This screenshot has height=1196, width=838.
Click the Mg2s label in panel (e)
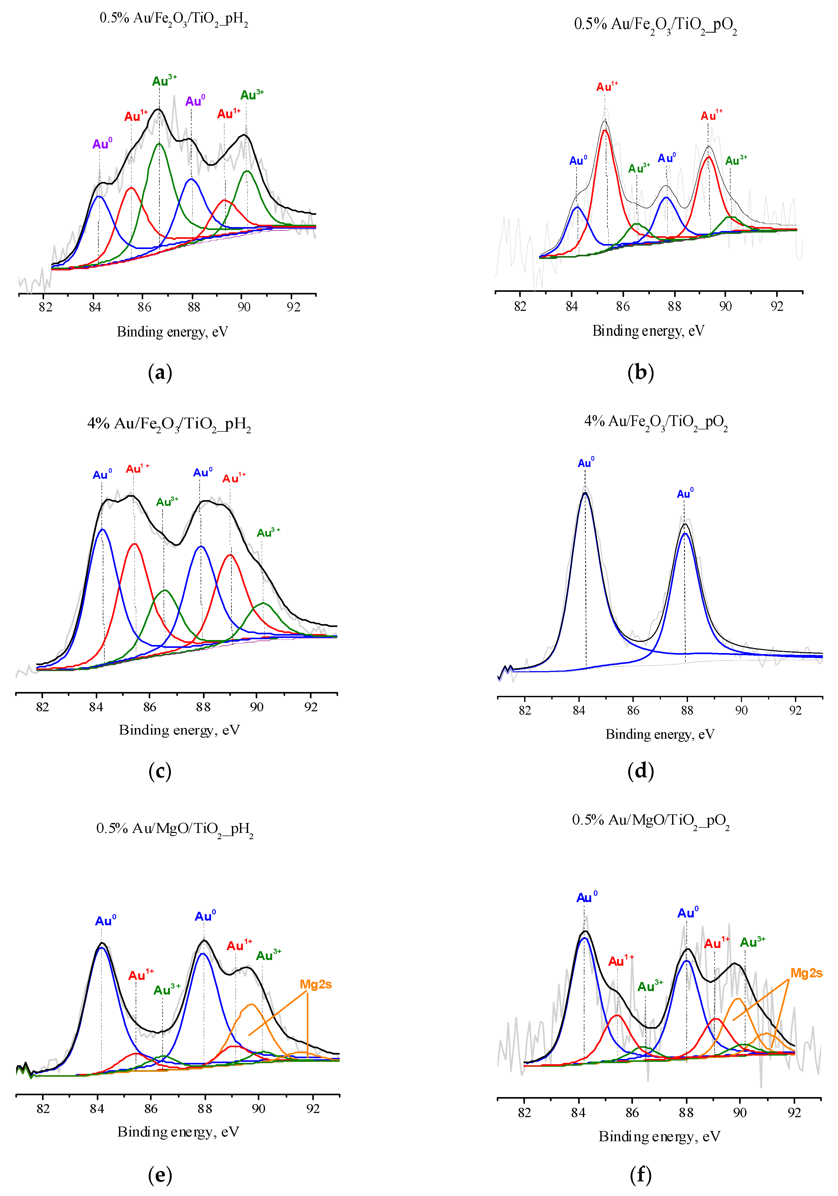[315, 984]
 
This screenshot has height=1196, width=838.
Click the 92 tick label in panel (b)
[777, 307]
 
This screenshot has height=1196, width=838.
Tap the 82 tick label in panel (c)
[42, 707]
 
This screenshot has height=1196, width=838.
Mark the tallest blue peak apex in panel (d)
[585, 493]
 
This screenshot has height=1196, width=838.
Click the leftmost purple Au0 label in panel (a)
[102, 144]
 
